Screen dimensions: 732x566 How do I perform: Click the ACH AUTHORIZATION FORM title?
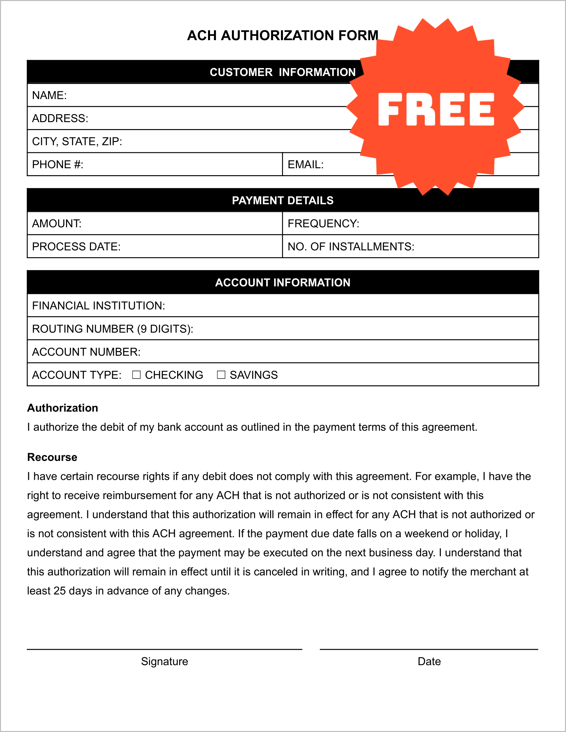(x=282, y=35)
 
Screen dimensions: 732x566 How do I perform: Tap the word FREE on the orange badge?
(x=436, y=109)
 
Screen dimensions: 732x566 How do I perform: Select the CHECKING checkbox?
(x=136, y=375)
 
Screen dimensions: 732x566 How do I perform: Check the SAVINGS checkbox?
(x=221, y=375)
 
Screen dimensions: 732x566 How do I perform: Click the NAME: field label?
(x=49, y=95)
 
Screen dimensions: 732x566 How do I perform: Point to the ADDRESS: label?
(x=60, y=118)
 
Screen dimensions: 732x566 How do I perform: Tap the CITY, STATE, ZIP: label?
(x=77, y=141)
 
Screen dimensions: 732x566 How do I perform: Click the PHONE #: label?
(x=58, y=165)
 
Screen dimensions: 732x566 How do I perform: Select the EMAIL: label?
(x=305, y=165)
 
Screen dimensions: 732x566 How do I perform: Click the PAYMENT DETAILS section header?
(x=282, y=200)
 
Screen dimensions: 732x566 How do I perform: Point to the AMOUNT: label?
(x=57, y=224)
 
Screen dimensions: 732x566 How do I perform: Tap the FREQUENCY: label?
(x=323, y=224)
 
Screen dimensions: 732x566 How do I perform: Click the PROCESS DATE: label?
(x=76, y=247)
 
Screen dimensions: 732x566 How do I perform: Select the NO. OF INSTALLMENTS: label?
(x=351, y=247)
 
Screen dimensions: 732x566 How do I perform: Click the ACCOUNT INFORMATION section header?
(x=282, y=282)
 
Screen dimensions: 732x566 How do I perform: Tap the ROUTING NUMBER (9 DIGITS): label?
(x=112, y=329)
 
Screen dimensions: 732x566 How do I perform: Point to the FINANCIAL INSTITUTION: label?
(x=99, y=306)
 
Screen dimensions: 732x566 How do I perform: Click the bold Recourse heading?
(x=52, y=457)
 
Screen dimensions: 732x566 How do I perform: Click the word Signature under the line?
(x=165, y=661)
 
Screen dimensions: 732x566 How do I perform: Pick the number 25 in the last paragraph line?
(x=59, y=591)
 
